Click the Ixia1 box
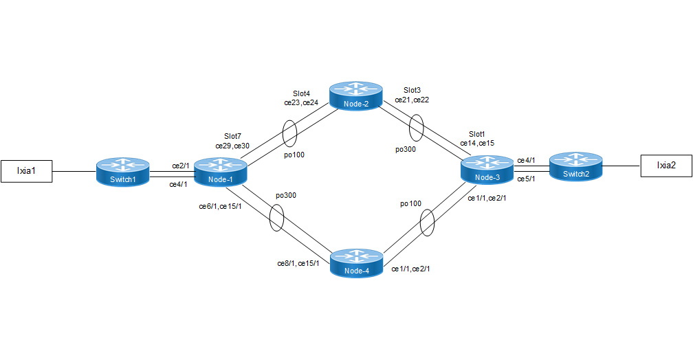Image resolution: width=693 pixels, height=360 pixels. click(x=27, y=170)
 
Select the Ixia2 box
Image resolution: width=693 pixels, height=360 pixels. click(x=665, y=165)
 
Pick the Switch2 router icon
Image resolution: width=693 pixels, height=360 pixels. click(x=575, y=166)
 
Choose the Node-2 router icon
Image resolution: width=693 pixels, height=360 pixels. click(x=355, y=95)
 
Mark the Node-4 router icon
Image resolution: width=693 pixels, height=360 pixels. click(x=356, y=263)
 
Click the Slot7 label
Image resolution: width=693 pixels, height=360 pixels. click(x=232, y=137)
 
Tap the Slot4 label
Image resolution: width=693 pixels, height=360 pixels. click(x=302, y=93)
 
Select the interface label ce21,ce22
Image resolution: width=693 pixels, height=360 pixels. click(x=412, y=100)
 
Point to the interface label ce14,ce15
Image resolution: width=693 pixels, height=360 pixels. click(x=477, y=143)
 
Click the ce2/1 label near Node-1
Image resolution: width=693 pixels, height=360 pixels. click(x=181, y=166)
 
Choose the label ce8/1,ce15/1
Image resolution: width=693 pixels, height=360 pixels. click(x=298, y=263)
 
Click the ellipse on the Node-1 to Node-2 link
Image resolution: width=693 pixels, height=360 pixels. click(x=290, y=134)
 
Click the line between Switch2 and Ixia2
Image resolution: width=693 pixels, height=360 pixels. click(x=621, y=165)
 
